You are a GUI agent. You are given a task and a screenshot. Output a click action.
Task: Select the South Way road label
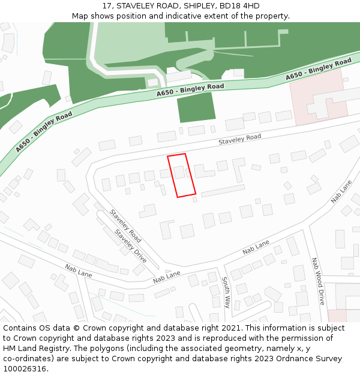point(226,292)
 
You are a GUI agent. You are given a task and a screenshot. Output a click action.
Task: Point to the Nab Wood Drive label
point(317,281)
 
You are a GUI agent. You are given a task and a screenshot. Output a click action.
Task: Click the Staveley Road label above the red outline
point(240,140)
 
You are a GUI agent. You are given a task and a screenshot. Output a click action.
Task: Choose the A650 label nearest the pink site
point(319,70)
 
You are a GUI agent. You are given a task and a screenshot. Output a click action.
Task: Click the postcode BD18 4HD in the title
point(239,6)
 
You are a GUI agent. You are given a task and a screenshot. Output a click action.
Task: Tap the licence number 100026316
point(25,369)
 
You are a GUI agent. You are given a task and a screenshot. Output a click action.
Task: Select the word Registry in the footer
point(43,349)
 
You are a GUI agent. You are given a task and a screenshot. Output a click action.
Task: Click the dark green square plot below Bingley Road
point(196,108)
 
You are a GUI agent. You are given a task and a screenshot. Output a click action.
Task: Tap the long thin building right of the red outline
point(223,191)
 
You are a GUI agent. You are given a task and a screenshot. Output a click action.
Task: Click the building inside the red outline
point(179,173)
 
